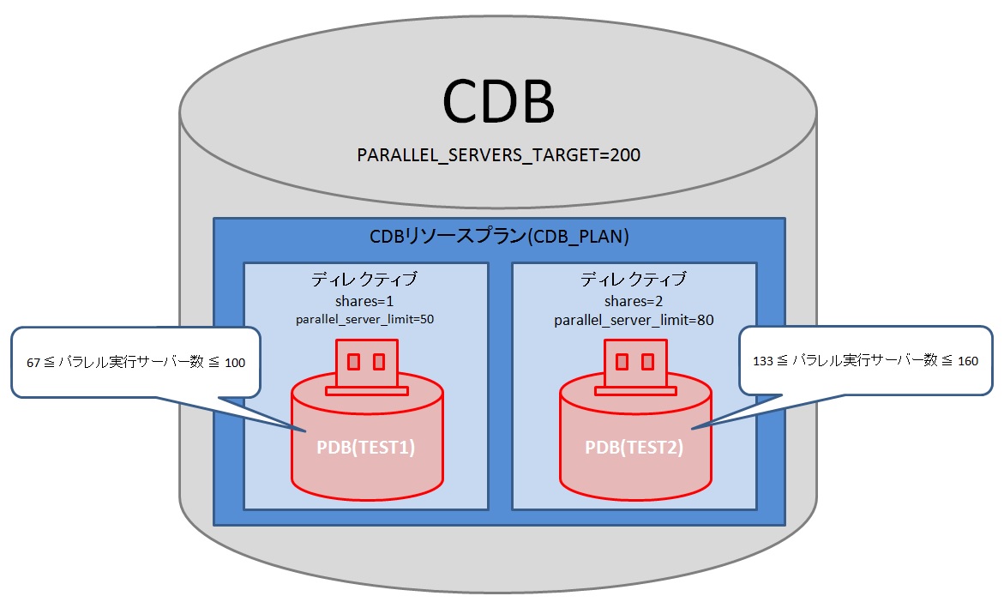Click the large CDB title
pyautogui.click(x=498, y=102)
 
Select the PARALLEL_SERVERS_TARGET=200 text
pyautogui.click(x=499, y=156)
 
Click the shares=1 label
pyautogui.click(x=365, y=301)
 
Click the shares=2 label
pyautogui.click(x=634, y=301)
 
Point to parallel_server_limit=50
pyautogui.click(x=365, y=319)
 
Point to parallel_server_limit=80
pyautogui.click(x=634, y=320)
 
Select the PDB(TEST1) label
pyautogui.click(x=366, y=447)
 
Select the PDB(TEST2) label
pyautogui.click(x=634, y=447)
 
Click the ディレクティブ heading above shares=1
pyautogui.click(x=365, y=280)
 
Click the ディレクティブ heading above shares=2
pyautogui.click(x=634, y=280)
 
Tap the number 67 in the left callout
pyautogui.click(x=34, y=363)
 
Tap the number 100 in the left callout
pyautogui.click(x=235, y=363)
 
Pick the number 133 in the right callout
pyautogui.click(x=760, y=361)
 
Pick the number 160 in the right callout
pyautogui.click(x=967, y=361)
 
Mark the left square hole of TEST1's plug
pyautogui.click(x=353, y=361)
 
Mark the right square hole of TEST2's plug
pyautogui.click(x=648, y=361)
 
